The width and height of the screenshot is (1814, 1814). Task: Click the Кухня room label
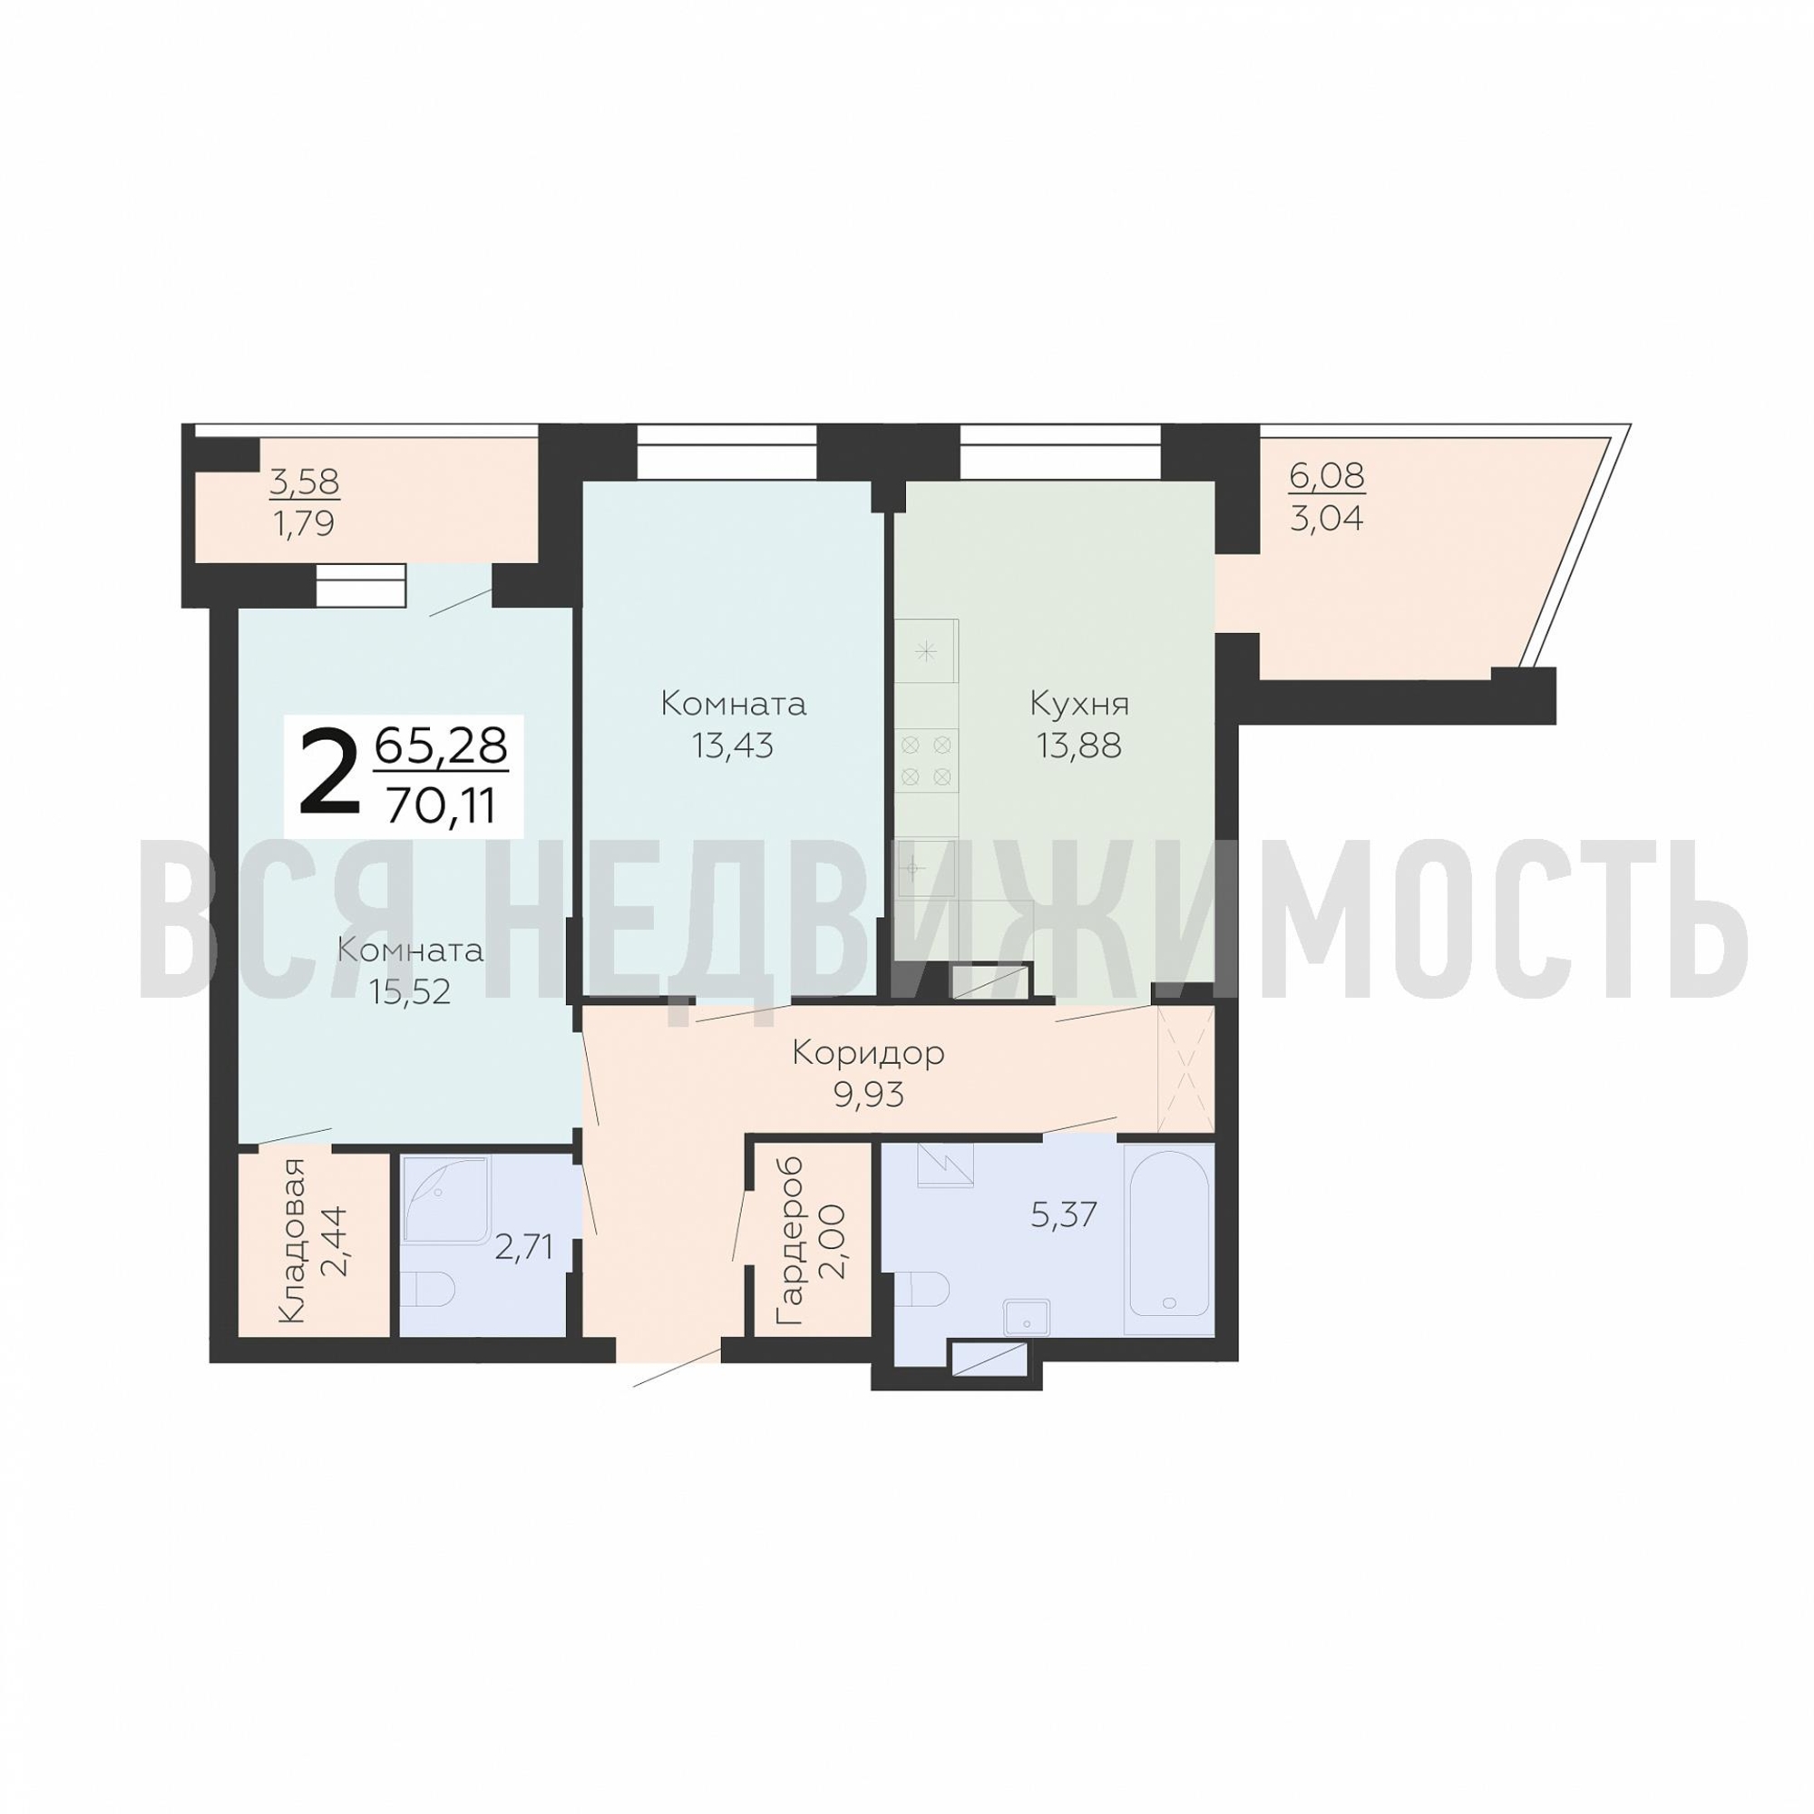click(x=1079, y=703)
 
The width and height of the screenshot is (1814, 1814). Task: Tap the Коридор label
click(x=869, y=1052)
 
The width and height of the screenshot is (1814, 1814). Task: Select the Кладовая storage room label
click(x=292, y=1242)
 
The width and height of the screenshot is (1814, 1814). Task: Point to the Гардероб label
click(x=792, y=1243)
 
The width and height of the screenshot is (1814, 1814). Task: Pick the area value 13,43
click(x=732, y=746)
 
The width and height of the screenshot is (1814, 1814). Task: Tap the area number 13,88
click(x=1079, y=746)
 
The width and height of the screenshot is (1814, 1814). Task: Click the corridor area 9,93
click(x=869, y=1095)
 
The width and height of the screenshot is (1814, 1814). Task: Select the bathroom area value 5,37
click(x=1064, y=1215)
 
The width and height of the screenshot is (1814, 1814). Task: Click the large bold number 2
click(x=328, y=774)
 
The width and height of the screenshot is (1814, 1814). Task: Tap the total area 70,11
click(x=441, y=805)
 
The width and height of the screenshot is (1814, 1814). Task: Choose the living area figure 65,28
click(x=441, y=746)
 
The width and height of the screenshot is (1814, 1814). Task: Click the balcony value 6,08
click(x=1327, y=476)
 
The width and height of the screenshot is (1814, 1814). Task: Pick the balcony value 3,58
click(x=304, y=483)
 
